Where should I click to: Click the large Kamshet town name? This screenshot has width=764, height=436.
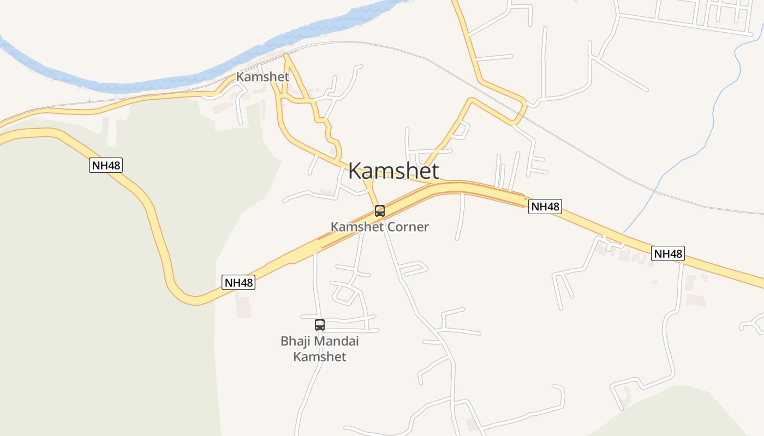coord(393,171)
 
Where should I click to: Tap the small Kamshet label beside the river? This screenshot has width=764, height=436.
coord(262,77)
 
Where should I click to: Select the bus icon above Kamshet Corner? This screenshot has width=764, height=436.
coord(380,210)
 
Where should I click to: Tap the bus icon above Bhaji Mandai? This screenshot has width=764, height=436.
coord(320,325)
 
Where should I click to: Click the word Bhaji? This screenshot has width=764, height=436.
coord(294,341)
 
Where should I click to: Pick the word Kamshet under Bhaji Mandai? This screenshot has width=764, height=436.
coord(320,357)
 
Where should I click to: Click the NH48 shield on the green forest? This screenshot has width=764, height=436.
coord(106,165)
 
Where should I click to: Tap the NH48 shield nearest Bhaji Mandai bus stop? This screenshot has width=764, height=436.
coord(239,282)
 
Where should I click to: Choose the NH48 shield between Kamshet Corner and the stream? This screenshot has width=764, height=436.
coord(545,207)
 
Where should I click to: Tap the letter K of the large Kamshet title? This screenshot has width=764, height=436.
coord(356,171)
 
